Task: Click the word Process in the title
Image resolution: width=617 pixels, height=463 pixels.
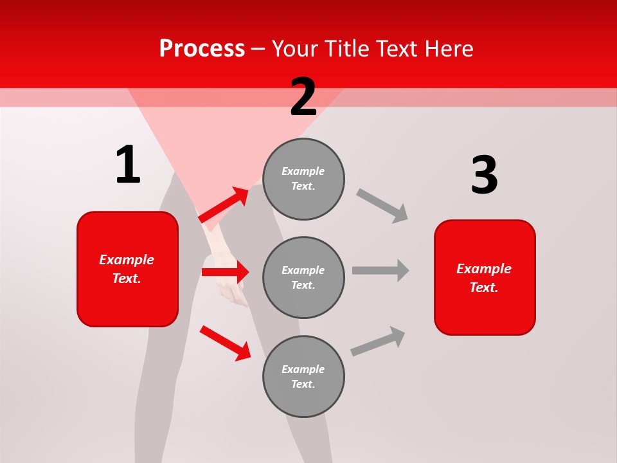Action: [202, 49]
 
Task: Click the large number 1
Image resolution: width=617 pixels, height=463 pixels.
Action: [128, 165]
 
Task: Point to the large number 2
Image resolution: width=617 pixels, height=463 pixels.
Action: [303, 97]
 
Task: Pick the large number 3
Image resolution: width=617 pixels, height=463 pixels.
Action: [484, 175]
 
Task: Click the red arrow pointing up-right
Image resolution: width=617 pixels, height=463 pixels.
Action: [224, 205]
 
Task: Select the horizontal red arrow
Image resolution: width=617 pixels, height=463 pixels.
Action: [225, 272]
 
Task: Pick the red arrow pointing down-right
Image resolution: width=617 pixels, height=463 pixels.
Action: [226, 343]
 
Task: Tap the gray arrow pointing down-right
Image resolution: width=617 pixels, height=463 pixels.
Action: [382, 205]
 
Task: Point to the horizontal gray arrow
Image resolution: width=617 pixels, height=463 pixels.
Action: [380, 270]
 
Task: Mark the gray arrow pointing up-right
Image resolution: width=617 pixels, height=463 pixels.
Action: [378, 341]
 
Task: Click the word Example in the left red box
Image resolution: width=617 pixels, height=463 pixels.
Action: [127, 260]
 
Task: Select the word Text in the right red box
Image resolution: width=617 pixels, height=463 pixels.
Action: [483, 287]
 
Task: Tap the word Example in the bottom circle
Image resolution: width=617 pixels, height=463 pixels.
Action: [303, 369]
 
